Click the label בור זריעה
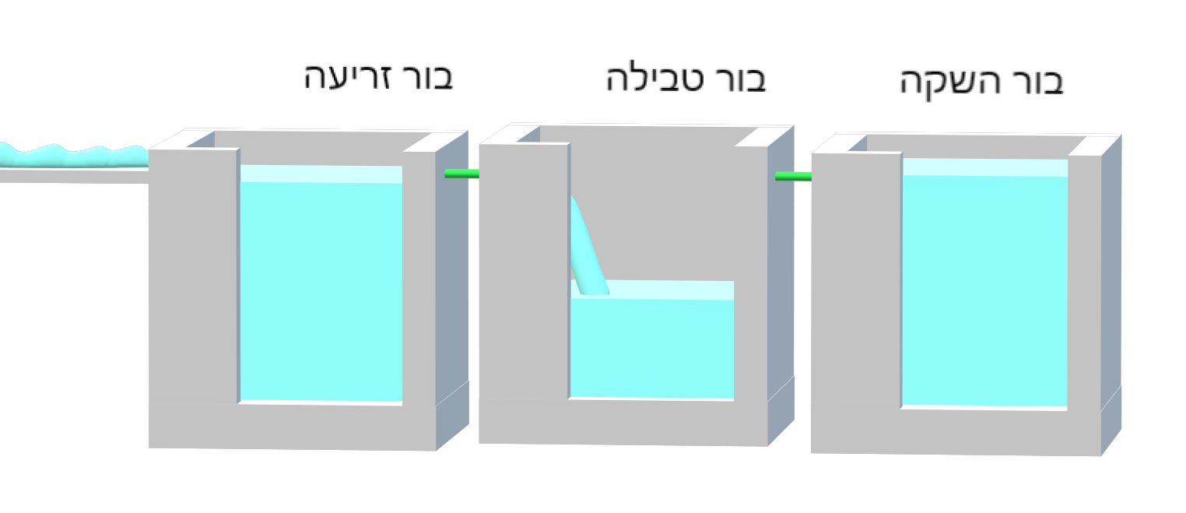click(x=378, y=77)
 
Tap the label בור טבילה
click(x=686, y=79)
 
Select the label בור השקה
click(x=981, y=83)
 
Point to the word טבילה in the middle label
click(x=655, y=79)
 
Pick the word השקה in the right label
click(x=950, y=83)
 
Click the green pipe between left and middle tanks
click(x=461, y=173)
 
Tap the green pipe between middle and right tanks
click(x=793, y=176)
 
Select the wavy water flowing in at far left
click(x=74, y=155)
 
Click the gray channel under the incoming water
click(x=74, y=176)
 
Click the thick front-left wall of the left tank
click(x=194, y=276)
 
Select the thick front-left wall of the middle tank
click(x=525, y=271)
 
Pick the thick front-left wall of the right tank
click(x=856, y=280)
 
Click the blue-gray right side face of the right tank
click(x=1111, y=293)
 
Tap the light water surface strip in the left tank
click(x=321, y=174)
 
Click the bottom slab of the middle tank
click(x=623, y=422)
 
